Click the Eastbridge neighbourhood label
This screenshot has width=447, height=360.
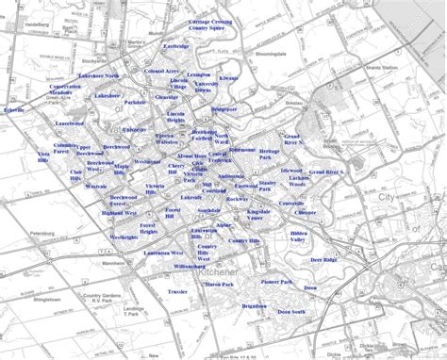tap(175, 46)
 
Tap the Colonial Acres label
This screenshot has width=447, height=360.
tap(162, 71)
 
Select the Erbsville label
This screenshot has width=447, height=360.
tap(14, 110)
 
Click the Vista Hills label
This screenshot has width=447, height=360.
tap(43, 156)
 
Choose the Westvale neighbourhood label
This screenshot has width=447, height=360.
tap(96, 187)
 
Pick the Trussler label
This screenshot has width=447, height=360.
tap(177, 292)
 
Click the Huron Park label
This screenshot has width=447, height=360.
tap(219, 284)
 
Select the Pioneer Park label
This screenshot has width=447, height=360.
tap(277, 282)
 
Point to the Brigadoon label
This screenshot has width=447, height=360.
tap(254, 306)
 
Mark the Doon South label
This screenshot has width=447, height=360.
tap(291, 312)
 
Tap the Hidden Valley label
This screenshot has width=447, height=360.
tap(299, 237)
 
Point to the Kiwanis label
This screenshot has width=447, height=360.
tap(228, 78)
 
